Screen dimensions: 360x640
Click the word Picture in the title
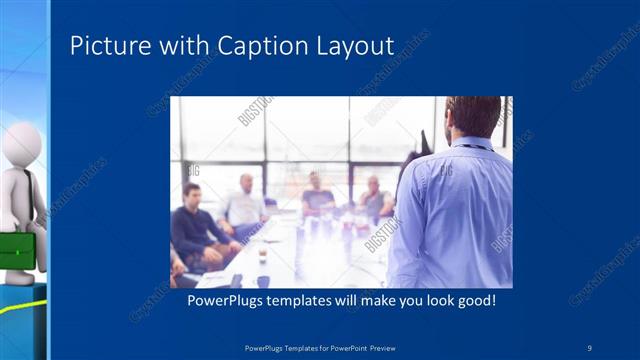[x=105, y=46]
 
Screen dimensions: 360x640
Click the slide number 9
[x=590, y=347]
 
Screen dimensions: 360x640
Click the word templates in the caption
[x=306, y=300]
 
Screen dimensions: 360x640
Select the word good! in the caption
[x=474, y=300]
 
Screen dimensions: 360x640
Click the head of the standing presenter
[x=472, y=117]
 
